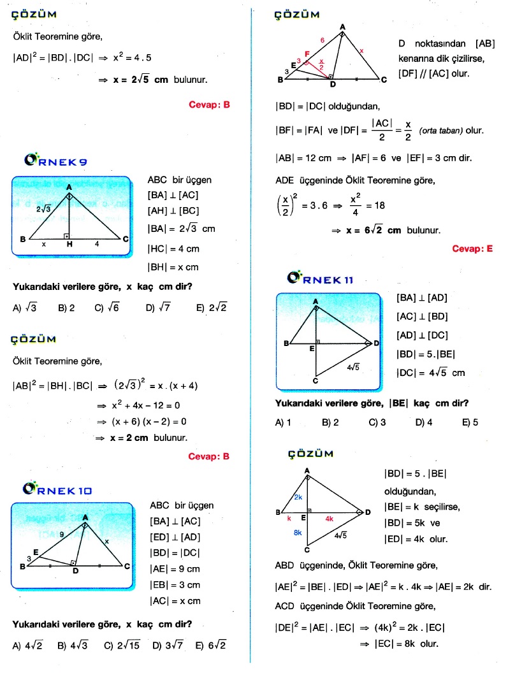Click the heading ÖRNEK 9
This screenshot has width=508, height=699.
(x=55, y=161)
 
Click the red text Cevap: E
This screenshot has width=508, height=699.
(x=472, y=249)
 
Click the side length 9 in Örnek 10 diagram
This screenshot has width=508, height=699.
(x=61, y=535)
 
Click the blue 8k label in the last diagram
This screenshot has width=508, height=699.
(x=298, y=532)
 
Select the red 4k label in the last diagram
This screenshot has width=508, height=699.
(x=329, y=519)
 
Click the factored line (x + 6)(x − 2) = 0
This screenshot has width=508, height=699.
(x=148, y=422)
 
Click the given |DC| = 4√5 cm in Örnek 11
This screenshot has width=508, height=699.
(x=430, y=373)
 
